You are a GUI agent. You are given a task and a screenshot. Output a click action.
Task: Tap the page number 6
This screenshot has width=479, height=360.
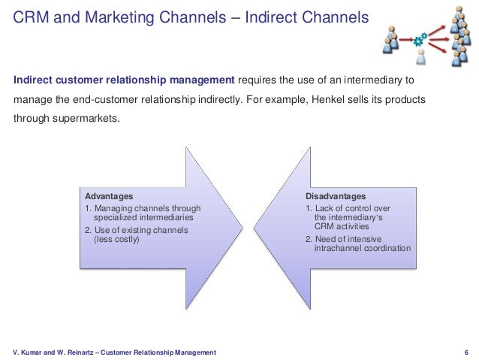(467, 352)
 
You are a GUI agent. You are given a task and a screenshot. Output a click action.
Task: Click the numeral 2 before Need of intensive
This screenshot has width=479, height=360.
(308, 239)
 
